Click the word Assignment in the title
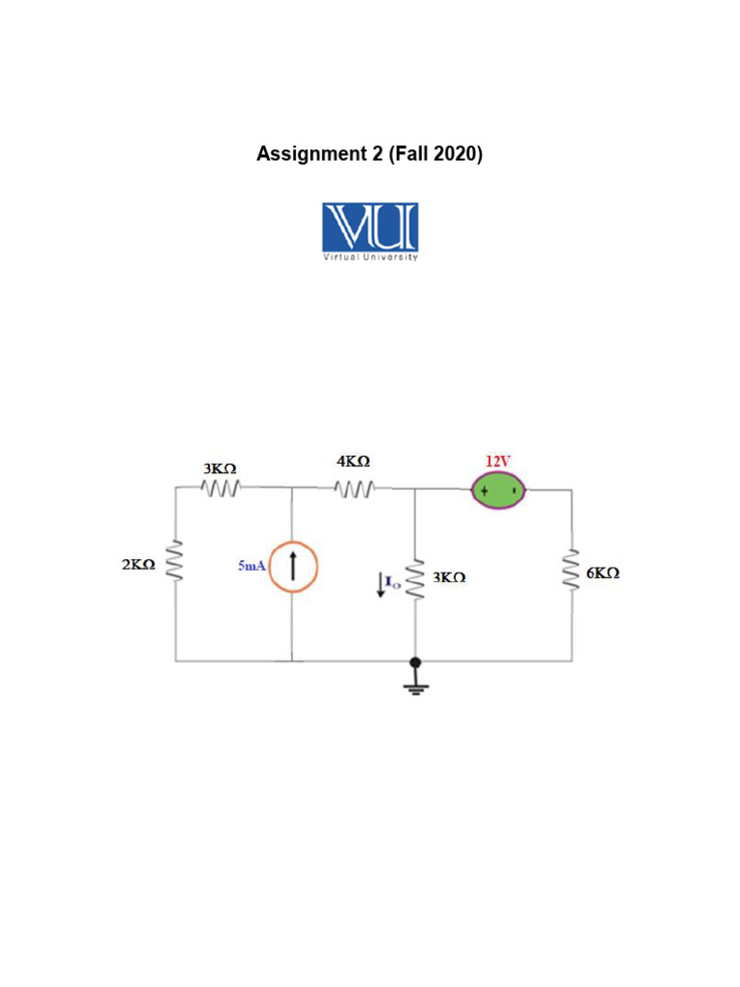tap(312, 153)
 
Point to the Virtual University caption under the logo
tap(370, 257)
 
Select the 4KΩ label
tap(353, 462)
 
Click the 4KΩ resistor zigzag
tap(354, 489)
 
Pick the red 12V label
tap(497, 460)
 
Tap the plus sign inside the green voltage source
tap(484, 492)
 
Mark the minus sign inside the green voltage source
tap(515, 492)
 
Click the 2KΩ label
tap(140, 565)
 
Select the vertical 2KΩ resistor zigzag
tap(175, 561)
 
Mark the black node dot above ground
tap(416, 662)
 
